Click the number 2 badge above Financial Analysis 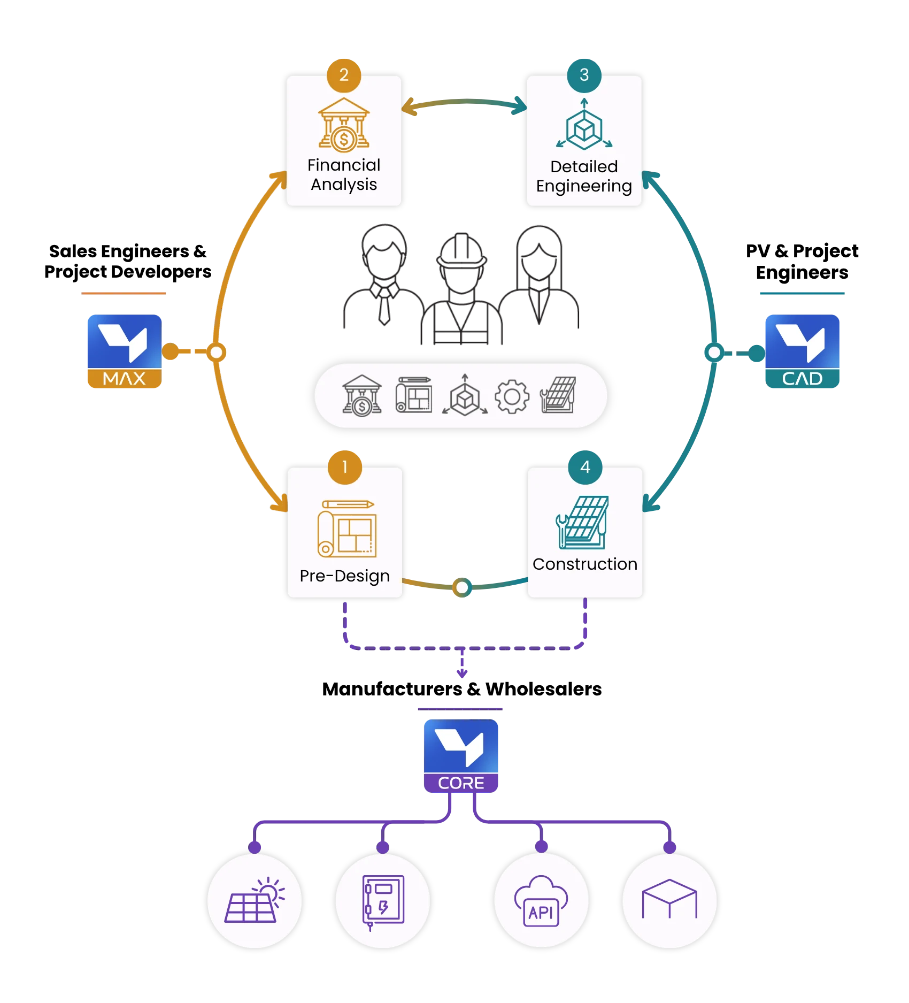[344, 75]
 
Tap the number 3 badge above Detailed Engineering [584, 75]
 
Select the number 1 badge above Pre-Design [345, 467]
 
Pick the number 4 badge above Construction [585, 467]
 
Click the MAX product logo [125, 351]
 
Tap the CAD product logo [802, 351]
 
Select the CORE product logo [461, 756]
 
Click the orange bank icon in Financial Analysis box [344, 124]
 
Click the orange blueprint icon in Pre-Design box [347, 529]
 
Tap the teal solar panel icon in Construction [582, 522]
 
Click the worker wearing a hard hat [461, 289]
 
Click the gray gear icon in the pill [512, 396]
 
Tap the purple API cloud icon [541, 901]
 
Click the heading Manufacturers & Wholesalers [462, 689]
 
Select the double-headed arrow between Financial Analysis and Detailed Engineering [464, 101]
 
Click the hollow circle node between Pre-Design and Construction [462, 587]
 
